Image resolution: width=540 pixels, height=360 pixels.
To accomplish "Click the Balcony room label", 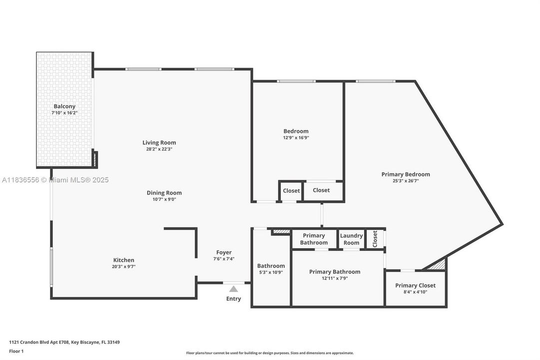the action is [64, 106].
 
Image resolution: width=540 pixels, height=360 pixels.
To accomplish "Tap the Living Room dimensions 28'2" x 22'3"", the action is [159, 149].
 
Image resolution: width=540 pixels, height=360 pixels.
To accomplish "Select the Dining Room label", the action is [164, 193].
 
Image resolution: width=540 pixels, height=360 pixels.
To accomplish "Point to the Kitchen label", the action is [123, 260].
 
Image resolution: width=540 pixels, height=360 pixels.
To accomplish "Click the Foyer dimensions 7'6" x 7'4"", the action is [224, 258].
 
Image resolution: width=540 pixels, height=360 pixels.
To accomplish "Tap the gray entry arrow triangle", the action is [233, 289].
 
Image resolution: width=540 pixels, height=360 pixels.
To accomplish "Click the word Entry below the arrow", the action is [233, 298].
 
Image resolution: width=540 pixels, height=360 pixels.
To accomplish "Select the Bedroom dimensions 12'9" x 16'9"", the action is [296, 137].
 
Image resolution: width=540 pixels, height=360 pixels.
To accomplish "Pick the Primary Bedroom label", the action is [406, 174].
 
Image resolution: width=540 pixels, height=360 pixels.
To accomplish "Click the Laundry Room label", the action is [351, 239].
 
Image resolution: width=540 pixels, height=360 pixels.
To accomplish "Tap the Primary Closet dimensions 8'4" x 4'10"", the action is [415, 291].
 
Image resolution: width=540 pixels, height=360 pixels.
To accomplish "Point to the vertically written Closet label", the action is [375, 238].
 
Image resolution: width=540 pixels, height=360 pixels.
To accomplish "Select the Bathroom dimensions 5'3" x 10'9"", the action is [271, 272].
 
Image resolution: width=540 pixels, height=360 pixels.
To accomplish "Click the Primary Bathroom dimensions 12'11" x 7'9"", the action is [335, 278].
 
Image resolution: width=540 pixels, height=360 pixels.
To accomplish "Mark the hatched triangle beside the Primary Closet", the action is [438, 264].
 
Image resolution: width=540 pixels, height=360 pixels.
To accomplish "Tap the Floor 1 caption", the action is [16, 351].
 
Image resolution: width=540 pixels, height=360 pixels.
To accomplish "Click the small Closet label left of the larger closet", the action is [291, 190].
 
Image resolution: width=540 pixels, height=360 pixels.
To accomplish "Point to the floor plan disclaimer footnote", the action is [270, 353].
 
